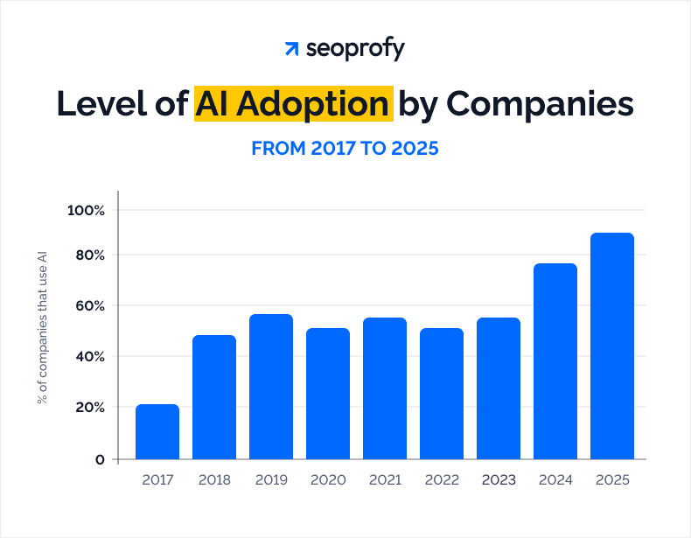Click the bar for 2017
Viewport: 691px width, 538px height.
coord(157,431)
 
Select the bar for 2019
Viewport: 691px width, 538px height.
coord(271,386)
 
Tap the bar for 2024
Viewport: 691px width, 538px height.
coord(555,360)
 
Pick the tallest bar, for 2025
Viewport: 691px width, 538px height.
coord(612,346)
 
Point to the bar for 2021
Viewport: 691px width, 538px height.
coord(385,388)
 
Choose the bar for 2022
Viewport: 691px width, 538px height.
coord(442,393)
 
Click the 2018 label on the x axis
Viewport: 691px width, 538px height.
coord(214,480)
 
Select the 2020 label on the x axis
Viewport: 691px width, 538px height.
coord(328,480)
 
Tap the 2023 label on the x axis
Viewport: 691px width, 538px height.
coord(499,480)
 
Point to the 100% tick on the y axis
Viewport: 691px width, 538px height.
coord(86,210)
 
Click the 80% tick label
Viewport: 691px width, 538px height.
coord(88,255)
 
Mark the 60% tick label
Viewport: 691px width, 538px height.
coord(88,306)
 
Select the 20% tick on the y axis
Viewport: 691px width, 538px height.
coord(88,408)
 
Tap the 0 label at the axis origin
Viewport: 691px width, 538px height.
coord(100,459)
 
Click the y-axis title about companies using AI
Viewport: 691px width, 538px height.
coord(41,327)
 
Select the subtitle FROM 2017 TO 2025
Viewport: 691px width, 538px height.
coord(345,149)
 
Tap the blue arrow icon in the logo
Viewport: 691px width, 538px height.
coord(292,49)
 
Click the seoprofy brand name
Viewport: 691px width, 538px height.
coord(355,49)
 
